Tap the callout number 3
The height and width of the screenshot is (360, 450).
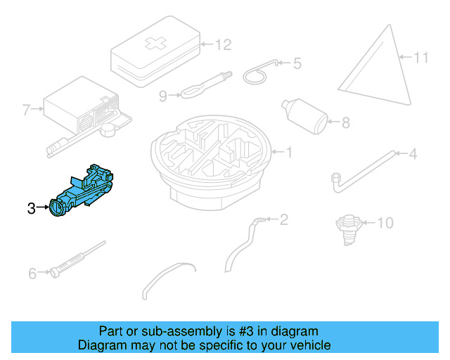click(31, 208)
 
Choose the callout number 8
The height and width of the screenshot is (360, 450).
click(345, 123)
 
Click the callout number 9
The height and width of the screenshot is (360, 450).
click(162, 96)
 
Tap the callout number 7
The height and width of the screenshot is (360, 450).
click(26, 110)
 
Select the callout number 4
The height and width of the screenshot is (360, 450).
click(413, 153)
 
